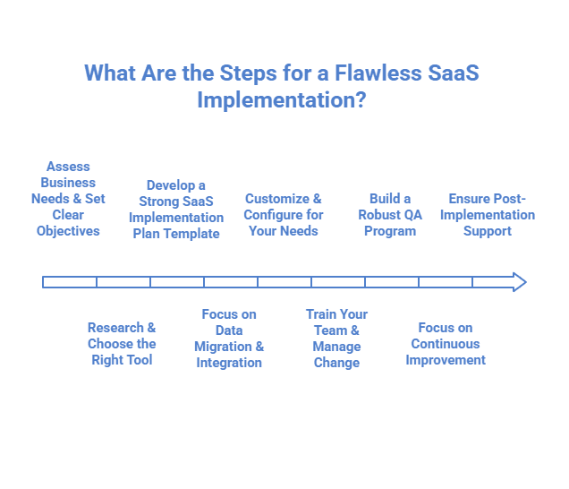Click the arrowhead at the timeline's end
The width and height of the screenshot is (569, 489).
click(519, 282)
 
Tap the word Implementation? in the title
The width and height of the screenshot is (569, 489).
click(281, 99)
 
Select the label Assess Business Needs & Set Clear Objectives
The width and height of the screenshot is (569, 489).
click(68, 199)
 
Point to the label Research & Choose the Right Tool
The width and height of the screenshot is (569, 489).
click(122, 344)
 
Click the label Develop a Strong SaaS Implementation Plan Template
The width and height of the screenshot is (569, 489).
click(176, 210)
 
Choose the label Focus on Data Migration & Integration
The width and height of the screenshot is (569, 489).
click(229, 339)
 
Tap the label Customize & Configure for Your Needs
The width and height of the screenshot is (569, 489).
click(283, 215)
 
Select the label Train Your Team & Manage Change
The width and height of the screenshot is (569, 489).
click(336, 339)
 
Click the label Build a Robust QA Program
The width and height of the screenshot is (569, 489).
click(390, 215)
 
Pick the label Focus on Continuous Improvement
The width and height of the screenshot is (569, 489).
click(446, 344)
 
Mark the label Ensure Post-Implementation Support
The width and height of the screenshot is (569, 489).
click(488, 215)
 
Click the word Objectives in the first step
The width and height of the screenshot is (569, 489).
click(68, 231)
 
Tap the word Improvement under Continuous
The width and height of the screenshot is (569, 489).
click(446, 360)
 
